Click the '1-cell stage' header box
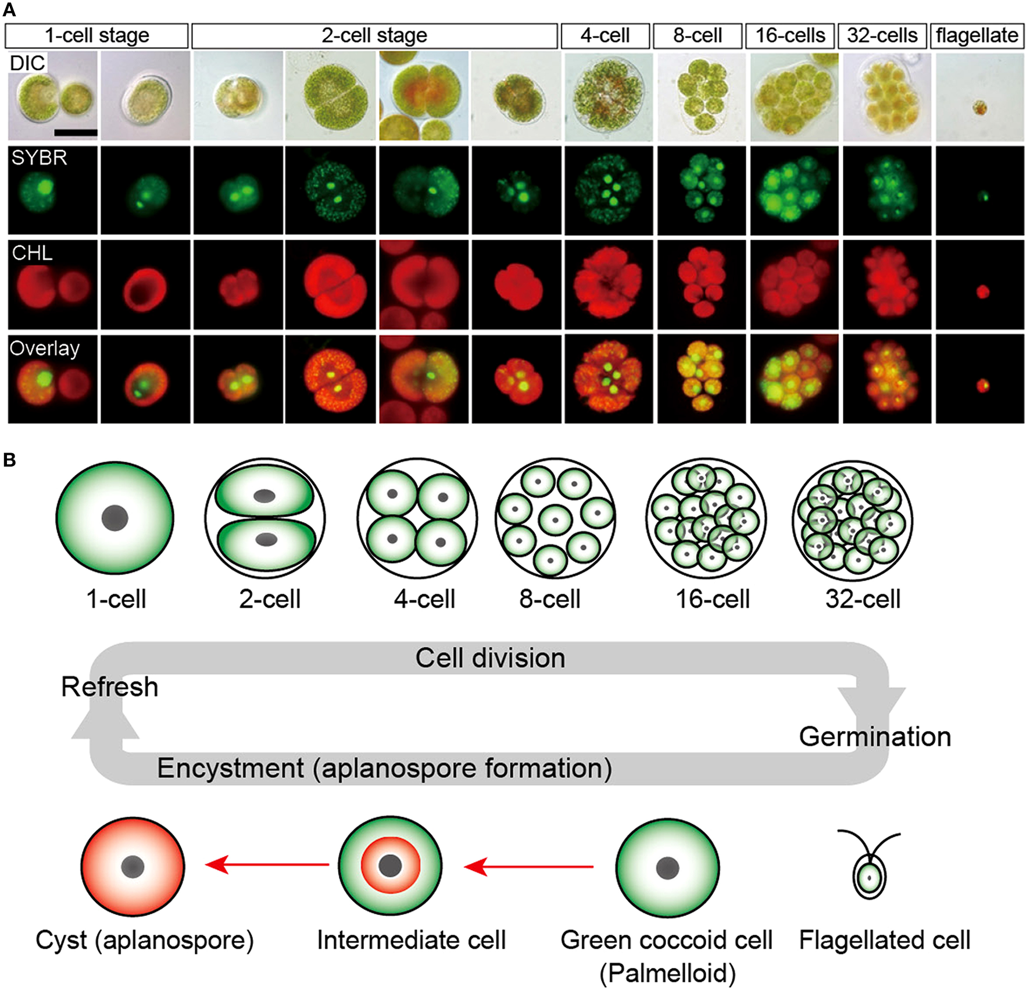click(96, 35)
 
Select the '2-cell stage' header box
click(374, 35)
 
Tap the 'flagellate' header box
click(977, 35)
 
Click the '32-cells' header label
click(882, 35)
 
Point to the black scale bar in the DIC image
click(76, 133)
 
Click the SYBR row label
click(39, 158)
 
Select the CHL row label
click(32, 253)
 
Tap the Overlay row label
click(44, 348)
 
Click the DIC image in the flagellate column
click(979, 97)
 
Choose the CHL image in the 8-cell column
click(701, 285)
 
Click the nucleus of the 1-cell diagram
click(115, 518)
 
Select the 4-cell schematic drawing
click(417, 518)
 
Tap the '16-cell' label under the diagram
click(712, 599)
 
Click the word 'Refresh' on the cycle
click(109, 687)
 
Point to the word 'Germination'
click(875, 737)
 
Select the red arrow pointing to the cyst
click(267, 865)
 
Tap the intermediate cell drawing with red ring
click(390, 866)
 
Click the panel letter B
click(9, 460)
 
